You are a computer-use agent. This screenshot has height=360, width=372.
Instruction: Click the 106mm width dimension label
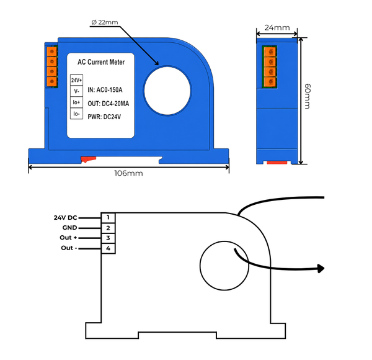click(x=128, y=173)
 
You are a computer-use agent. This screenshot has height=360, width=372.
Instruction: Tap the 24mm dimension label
click(x=277, y=28)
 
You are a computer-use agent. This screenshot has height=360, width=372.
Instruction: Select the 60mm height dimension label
click(x=308, y=96)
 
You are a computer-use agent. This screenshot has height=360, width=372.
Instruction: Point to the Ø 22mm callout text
click(x=105, y=22)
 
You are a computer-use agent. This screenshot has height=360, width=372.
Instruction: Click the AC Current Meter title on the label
click(x=101, y=62)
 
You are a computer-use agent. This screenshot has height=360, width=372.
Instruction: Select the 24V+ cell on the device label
click(x=76, y=80)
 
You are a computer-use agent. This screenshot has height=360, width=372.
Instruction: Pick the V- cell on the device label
click(x=76, y=91)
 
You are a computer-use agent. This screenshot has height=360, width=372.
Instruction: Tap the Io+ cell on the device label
click(x=76, y=102)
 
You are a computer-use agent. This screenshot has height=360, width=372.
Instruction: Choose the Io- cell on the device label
click(x=76, y=114)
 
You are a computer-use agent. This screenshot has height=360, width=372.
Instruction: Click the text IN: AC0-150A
click(x=105, y=90)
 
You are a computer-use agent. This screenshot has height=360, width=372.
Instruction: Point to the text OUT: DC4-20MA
click(x=108, y=104)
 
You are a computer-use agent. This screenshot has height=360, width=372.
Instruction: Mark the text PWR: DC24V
click(x=104, y=117)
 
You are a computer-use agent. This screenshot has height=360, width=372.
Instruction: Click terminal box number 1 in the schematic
click(x=108, y=218)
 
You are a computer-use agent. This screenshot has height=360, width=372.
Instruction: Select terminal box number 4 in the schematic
click(x=108, y=248)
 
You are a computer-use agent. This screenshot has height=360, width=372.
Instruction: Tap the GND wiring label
click(x=69, y=228)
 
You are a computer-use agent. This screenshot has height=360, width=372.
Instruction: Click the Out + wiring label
click(x=68, y=238)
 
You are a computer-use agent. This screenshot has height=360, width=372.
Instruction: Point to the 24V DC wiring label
click(x=66, y=218)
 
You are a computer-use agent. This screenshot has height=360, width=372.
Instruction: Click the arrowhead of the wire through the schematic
click(x=321, y=269)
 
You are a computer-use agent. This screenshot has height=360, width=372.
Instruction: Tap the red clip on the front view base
click(x=88, y=159)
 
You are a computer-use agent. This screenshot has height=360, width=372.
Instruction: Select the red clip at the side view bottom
click(x=277, y=163)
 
